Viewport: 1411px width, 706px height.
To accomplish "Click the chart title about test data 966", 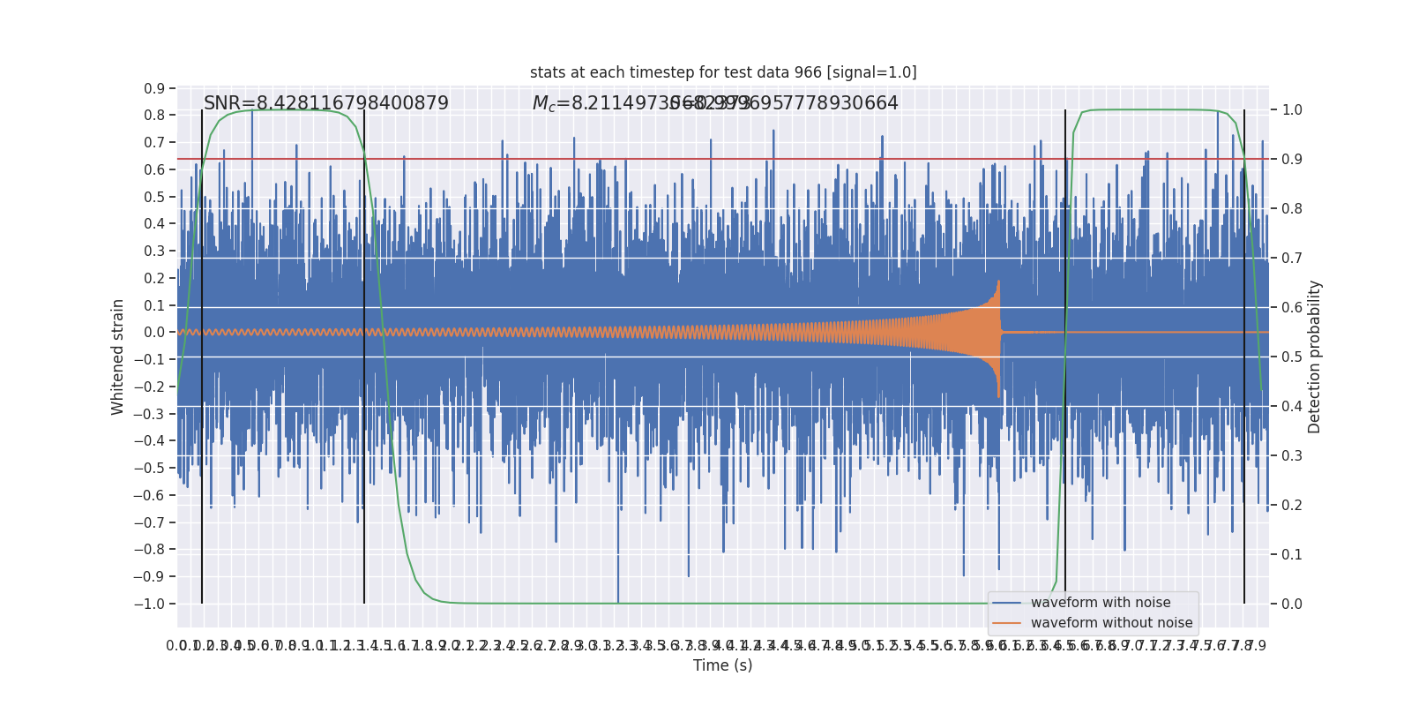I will pos(723,72).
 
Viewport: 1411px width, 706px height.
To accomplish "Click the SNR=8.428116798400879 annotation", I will pos(326,103).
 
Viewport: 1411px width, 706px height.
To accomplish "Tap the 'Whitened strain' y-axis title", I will pos(118,357).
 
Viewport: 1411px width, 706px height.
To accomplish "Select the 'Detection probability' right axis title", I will pos(1315,357).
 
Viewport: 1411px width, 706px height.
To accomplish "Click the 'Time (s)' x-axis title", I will pos(723,665).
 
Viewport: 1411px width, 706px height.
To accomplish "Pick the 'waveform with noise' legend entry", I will pos(1101,603).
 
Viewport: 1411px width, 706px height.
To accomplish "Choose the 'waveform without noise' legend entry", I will pos(1111,623).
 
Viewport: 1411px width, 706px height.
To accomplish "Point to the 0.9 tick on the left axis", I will pos(154,88).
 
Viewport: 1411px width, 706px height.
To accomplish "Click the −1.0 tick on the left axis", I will pos(149,604).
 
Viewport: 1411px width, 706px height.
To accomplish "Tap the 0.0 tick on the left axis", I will pos(154,333).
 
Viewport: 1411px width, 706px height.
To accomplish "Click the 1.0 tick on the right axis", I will pos(1292,110).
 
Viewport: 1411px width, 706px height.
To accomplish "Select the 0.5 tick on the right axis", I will pos(1292,357).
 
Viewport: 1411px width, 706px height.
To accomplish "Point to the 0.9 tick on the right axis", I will pos(1292,160).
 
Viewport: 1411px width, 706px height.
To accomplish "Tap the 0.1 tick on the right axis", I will pos(1292,555).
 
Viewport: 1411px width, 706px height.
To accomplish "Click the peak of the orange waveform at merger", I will pos(998,282).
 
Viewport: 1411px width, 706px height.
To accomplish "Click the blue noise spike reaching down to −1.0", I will pos(618,600).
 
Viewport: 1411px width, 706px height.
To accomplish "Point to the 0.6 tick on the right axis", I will pos(1292,308).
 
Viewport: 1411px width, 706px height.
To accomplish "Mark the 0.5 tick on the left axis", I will pos(154,197).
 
